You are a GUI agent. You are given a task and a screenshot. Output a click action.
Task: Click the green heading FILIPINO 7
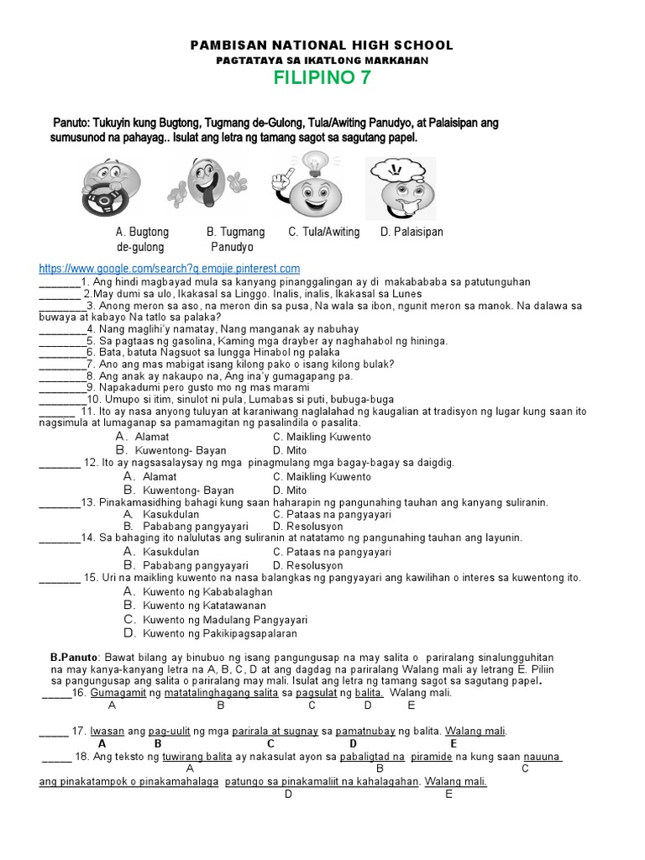(322, 79)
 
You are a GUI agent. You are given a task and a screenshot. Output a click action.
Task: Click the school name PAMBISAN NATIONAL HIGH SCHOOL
(322, 45)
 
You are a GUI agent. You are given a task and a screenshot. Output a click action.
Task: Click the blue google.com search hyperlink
(170, 268)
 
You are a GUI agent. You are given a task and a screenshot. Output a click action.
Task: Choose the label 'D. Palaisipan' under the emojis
(412, 232)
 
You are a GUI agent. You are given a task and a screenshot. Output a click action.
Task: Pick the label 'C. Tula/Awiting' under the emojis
(324, 232)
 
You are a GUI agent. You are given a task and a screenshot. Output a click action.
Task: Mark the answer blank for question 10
(61, 400)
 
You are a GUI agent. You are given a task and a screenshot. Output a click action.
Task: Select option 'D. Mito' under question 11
(290, 450)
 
